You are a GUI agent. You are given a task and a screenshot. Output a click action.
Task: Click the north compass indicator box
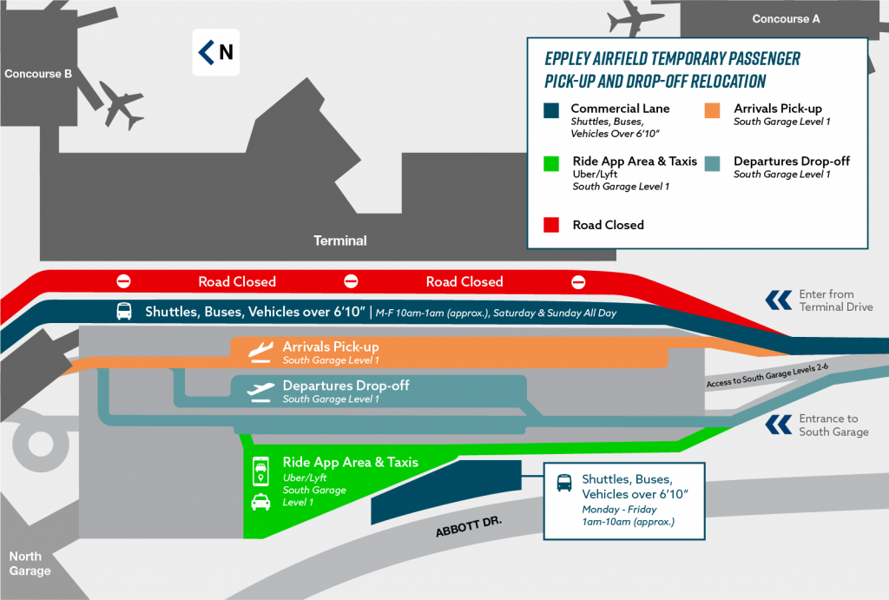pyautogui.click(x=215, y=52)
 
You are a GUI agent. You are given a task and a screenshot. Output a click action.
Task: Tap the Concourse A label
pyautogui.click(x=786, y=18)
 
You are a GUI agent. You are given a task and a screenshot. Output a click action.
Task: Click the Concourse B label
pyautogui.click(x=38, y=74)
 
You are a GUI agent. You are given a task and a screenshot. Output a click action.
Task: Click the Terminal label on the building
pyautogui.click(x=340, y=241)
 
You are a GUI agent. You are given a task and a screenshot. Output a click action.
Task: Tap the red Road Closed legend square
pyautogui.click(x=550, y=226)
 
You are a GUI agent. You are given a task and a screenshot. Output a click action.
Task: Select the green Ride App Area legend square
pyautogui.click(x=550, y=162)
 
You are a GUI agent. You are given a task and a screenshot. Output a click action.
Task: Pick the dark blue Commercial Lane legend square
pyautogui.click(x=550, y=110)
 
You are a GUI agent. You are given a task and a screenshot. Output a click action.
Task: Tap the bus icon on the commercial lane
pyautogui.click(x=124, y=312)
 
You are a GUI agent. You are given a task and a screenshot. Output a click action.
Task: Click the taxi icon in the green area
pyautogui.click(x=260, y=502)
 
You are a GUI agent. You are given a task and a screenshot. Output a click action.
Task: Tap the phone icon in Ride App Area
pyautogui.click(x=260, y=470)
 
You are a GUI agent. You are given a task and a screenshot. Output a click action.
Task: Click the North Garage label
pyautogui.click(x=30, y=564)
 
